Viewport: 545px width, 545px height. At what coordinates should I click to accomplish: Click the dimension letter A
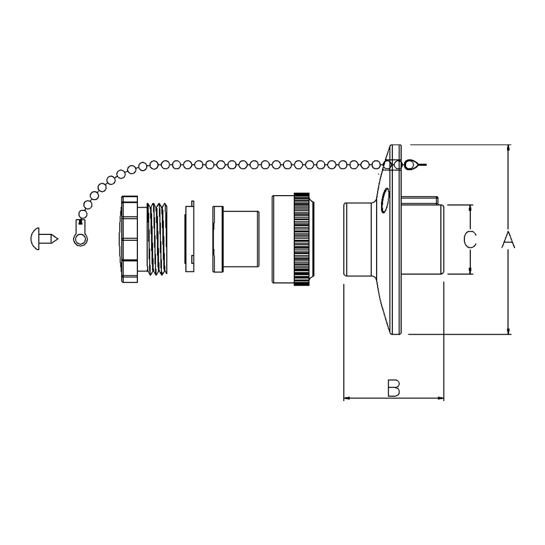click(x=508, y=239)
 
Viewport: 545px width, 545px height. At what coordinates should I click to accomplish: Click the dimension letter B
click(x=394, y=388)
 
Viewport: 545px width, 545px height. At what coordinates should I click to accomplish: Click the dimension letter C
click(x=470, y=239)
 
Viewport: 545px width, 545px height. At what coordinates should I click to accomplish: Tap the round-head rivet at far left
click(x=44, y=239)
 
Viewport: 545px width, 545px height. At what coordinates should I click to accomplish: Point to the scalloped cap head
click(x=129, y=239)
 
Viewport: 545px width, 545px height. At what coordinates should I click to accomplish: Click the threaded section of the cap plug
click(x=157, y=239)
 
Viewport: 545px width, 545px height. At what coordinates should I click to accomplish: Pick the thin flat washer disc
click(x=190, y=237)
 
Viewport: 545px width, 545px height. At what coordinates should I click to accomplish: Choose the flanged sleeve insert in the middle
click(x=235, y=239)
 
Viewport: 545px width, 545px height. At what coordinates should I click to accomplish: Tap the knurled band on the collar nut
click(x=302, y=239)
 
